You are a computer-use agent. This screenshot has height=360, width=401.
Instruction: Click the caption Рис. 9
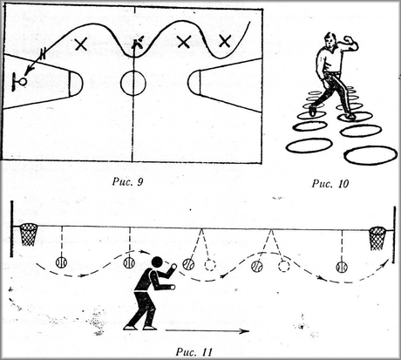(x=127, y=182)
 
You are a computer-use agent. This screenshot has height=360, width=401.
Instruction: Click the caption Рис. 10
(x=330, y=184)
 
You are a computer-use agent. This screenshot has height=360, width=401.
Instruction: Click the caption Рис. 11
(x=194, y=352)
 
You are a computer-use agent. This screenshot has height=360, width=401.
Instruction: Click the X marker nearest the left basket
(x=81, y=44)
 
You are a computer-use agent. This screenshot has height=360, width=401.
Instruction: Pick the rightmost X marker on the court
(x=225, y=41)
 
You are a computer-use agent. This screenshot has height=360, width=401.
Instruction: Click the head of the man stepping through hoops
(x=330, y=41)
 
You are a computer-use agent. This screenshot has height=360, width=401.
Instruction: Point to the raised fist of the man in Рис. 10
(x=348, y=38)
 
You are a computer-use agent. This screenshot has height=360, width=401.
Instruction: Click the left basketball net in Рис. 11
(x=28, y=234)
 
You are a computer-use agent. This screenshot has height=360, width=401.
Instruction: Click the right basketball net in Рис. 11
(x=377, y=238)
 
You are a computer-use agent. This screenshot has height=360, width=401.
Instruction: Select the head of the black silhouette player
(x=157, y=262)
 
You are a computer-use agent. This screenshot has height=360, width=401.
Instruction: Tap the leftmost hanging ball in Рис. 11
(x=61, y=262)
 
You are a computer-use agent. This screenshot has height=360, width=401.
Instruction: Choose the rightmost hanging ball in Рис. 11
(x=342, y=267)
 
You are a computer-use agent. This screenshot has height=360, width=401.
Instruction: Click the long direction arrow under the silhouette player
(x=207, y=330)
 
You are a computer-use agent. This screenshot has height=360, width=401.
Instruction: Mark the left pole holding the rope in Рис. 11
(x=11, y=228)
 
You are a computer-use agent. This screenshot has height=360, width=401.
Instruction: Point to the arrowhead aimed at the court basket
(x=27, y=71)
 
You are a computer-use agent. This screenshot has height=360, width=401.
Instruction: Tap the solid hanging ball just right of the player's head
(x=188, y=264)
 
